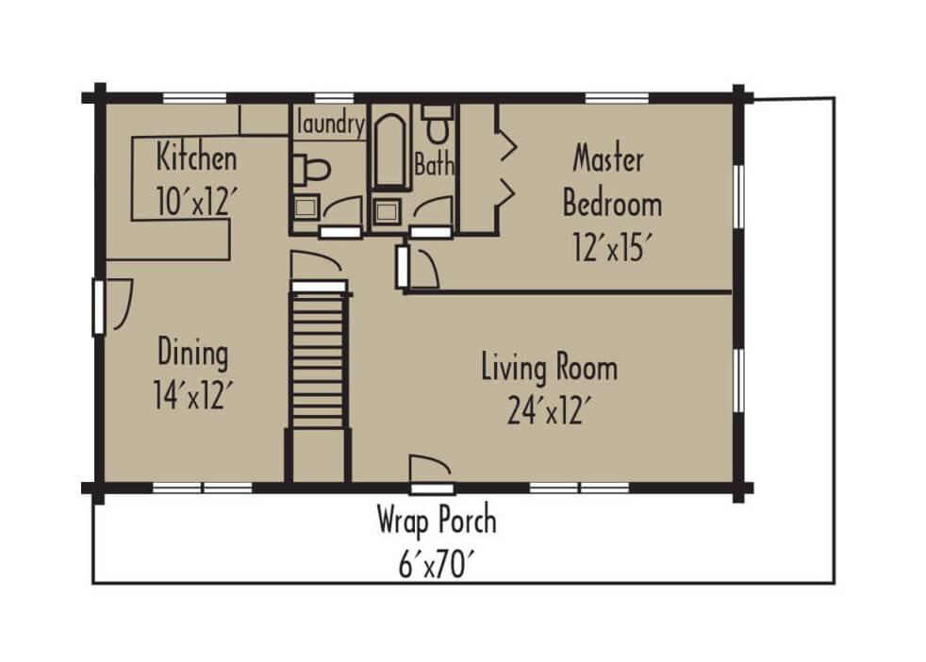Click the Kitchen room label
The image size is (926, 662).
[x=196, y=156]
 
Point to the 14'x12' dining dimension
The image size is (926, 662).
[x=192, y=396]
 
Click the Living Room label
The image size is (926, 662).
[x=549, y=367]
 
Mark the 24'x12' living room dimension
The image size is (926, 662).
[x=549, y=410]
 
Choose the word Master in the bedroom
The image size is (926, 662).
[x=608, y=158]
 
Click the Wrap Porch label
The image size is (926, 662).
[x=436, y=520]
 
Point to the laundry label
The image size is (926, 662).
[x=330, y=124]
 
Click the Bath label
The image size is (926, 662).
[x=434, y=166]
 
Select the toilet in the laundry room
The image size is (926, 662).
[x=310, y=171]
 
